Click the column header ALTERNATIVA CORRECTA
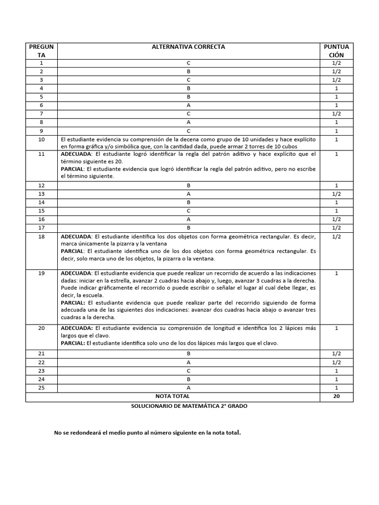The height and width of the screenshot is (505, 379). pos(189,47)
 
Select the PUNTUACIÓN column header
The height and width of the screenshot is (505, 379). pos(336,51)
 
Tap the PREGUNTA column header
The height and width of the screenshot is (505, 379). pos(41,51)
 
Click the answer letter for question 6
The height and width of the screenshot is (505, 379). pos(189,105)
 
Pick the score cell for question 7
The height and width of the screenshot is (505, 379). pos(336,113)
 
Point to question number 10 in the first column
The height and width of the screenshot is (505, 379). pos(41,140)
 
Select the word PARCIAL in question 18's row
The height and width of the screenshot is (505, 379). pos(73,251)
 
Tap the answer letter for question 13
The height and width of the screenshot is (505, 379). pos(189,194)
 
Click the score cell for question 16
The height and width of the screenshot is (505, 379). pos(336,219)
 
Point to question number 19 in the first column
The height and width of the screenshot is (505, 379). pos(41,273)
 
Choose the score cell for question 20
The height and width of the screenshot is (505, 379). pos(336,328)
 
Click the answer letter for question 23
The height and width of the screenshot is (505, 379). pos(189,371)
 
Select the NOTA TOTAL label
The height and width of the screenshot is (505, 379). pos(172,396)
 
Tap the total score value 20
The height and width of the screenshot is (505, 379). pos(336,396)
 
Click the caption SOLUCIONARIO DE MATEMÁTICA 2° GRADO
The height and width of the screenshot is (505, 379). pos(189,405)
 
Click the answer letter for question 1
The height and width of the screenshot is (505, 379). pos(189,63)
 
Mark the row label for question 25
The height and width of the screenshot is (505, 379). pos(41,388)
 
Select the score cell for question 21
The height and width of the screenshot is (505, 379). pos(336,354)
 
